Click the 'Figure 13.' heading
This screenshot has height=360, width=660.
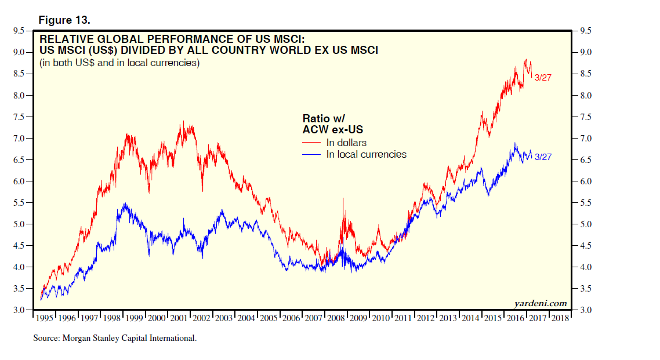64,20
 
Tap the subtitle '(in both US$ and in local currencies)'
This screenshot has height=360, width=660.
119,63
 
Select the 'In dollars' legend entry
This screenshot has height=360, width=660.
346,143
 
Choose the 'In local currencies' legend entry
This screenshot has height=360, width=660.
366,154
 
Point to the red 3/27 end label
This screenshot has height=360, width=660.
543,78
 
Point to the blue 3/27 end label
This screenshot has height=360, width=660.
543,157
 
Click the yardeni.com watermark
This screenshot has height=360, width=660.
541,304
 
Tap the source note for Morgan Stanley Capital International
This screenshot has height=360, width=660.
115,337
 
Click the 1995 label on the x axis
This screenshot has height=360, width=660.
45,318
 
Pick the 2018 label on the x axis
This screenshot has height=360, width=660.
560,318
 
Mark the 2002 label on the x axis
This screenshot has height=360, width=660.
202,318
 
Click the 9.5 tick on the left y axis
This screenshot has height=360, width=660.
18,31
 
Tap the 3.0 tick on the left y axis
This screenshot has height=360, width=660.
18,311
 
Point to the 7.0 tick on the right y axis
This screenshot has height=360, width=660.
584,139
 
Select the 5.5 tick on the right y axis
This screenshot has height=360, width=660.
584,203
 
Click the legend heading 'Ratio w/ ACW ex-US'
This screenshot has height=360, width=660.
336,123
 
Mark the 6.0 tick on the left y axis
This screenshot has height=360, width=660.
18,181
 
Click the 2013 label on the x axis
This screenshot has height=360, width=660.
448,318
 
